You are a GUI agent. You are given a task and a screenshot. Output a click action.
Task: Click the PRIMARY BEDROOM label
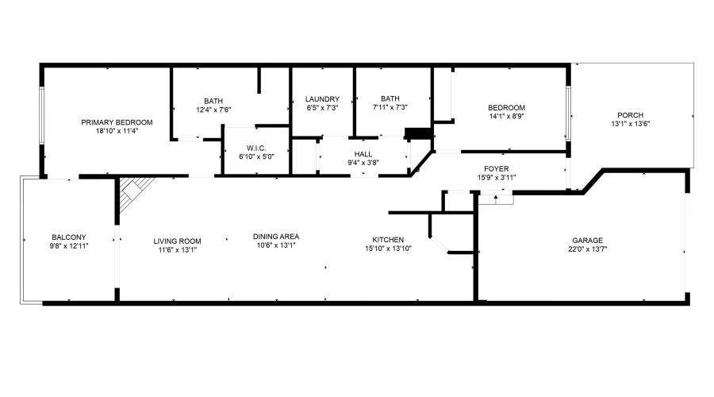point(117,122)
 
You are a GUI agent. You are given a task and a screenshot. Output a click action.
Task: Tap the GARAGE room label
point(587,241)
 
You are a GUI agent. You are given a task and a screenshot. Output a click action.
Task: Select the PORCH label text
point(630,115)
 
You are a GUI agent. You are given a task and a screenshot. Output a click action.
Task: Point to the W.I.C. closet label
point(256,148)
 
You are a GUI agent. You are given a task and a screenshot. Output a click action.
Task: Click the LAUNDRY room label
point(322,99)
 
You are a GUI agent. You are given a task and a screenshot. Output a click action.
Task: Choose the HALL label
point(363,154)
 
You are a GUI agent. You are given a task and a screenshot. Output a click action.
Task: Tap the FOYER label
point(497,169)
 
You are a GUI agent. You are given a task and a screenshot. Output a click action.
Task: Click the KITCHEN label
point(388,240)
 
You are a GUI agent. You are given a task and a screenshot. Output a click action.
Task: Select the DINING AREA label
point(276,237)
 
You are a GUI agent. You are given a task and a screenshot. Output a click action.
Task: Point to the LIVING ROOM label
point(177,241)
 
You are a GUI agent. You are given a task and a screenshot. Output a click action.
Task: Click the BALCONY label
point(69,237)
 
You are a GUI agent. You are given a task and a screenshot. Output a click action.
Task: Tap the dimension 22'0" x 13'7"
point(587,249)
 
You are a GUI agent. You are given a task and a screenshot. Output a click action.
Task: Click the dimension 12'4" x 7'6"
point(213,110)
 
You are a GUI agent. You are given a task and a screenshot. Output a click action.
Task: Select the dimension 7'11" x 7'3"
point(390,107)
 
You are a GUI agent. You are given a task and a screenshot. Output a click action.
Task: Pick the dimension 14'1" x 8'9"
point(506,116)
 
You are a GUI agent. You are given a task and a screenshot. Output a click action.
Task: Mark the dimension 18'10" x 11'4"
point(117,131)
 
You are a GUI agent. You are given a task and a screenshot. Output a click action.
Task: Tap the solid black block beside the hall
point(418,133)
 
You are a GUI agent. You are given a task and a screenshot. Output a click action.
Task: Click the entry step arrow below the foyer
point(495,198)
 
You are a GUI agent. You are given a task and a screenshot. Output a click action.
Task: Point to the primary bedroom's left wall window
point(41,116)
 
